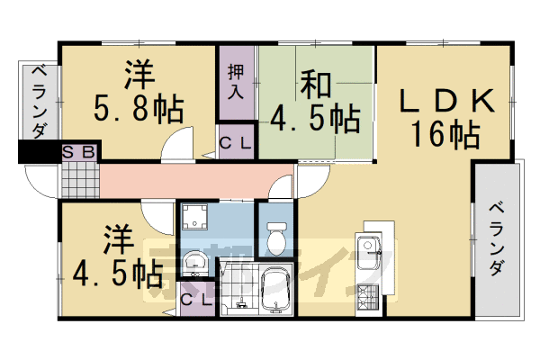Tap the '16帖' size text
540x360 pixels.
(445, 136)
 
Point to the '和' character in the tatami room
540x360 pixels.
(315, 85)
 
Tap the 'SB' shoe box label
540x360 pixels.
(79, 152)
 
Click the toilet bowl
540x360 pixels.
(276, 238)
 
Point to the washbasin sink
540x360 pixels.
(193, 263)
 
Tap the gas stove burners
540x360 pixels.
(369, 294)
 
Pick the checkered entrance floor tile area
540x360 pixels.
(80, 181)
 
